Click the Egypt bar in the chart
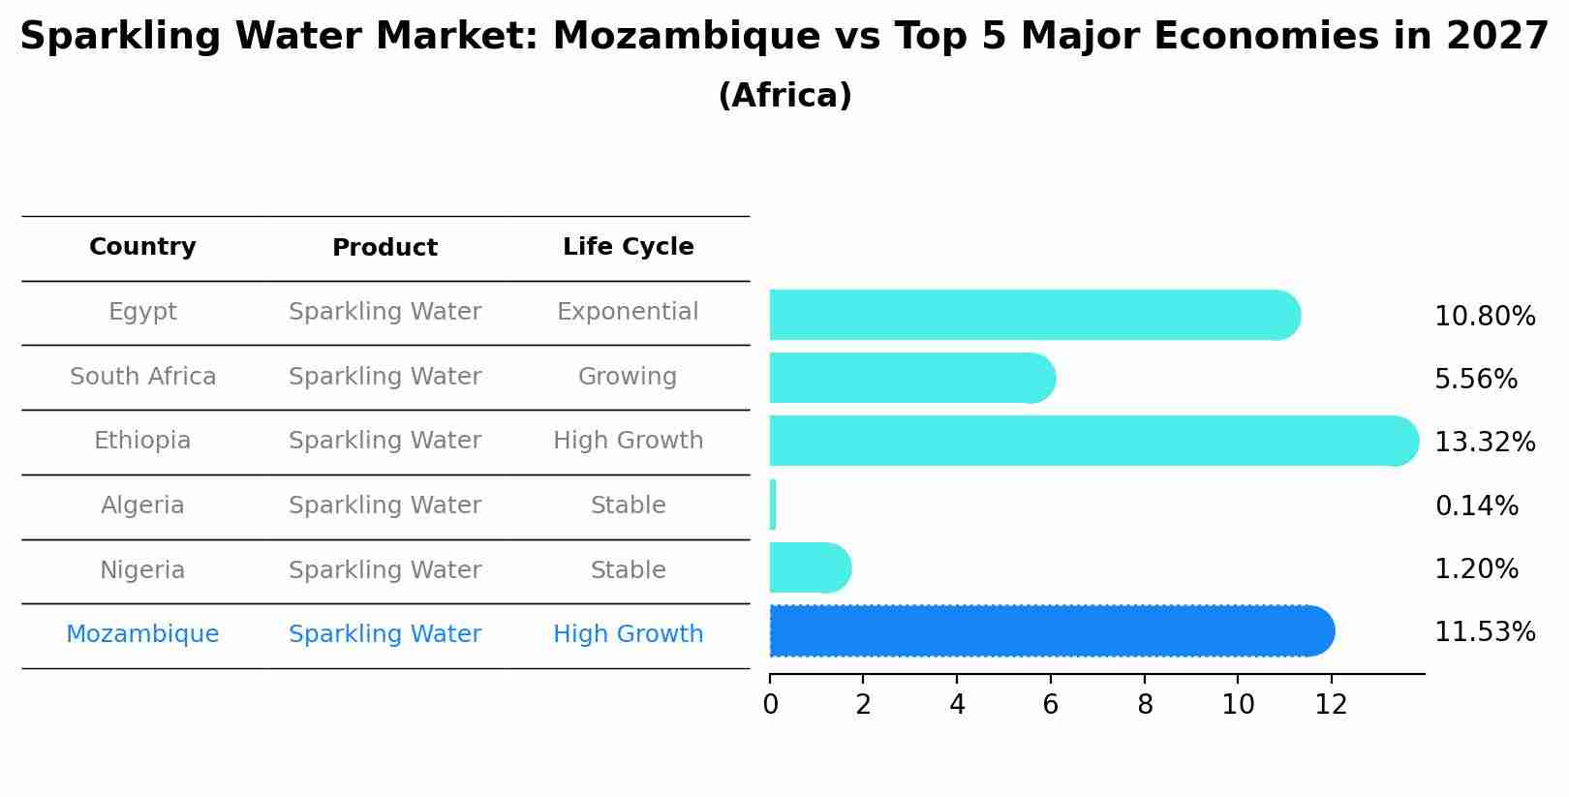1031,315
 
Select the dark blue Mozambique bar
1051,631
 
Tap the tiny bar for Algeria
773,505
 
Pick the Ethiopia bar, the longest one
1092,441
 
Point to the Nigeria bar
809,567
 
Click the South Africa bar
910,378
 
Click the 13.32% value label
1484,443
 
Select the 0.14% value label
1476,506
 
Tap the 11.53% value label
1484,632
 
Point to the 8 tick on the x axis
1145,705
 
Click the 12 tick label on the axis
1331,705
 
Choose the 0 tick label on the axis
770,705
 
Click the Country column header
142,247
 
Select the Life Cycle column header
628,247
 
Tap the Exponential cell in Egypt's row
628,312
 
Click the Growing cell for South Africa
628,377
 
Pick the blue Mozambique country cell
142,634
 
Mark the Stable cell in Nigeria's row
628,570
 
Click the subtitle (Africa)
784,96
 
